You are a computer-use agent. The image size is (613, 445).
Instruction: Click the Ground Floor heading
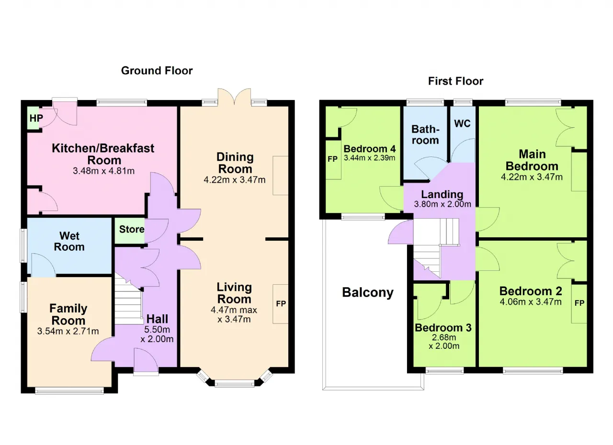tap(157, 71)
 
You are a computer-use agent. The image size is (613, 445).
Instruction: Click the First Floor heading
tap(455, 81)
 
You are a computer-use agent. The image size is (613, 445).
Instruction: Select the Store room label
tap(132, 229)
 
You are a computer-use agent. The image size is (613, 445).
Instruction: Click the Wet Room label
tap(69, 241)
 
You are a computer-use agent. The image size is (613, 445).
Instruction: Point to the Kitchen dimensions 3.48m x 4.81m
tap(104, 171)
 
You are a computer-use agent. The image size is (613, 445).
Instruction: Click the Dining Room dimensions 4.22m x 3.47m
tap(235, 180)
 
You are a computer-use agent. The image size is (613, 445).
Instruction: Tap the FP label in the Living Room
tap(281, 304)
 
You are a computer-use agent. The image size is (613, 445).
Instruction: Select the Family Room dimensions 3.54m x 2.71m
tap(68, 331)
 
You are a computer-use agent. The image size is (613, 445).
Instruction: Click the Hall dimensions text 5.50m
tap(157, 329)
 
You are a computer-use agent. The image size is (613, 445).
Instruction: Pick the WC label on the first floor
tap(462, 123)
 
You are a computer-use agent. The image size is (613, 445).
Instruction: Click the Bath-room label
tap(425, 135)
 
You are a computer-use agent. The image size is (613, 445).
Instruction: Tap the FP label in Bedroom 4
tap(332, 159)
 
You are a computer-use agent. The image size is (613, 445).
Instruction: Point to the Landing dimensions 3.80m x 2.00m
tap(443, 204)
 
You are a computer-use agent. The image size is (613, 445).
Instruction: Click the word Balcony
tap(368, 292)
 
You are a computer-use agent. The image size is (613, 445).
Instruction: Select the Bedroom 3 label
tap(443, 328)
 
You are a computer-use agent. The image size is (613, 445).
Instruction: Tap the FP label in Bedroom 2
tap(579, 303)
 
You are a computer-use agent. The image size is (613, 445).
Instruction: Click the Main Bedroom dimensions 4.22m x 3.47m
tap(532, 177)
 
